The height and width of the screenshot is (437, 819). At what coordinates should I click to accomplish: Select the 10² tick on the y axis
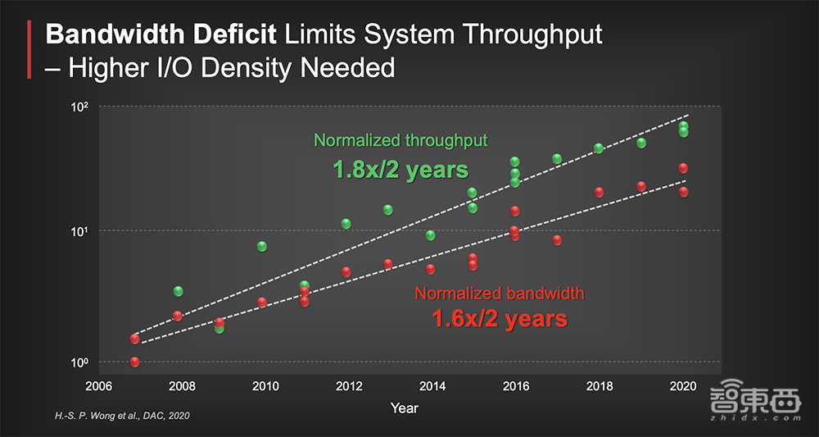coord(79,107)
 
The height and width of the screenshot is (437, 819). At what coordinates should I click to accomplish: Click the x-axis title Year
coord(405,407)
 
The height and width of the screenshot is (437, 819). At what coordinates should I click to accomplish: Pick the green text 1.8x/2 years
coord(400,170)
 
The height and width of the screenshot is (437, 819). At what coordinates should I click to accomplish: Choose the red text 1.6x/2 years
coord(500,317)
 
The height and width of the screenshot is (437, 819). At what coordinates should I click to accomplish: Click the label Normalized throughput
coord(400,140)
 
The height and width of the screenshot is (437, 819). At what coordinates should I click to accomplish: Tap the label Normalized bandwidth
coord(500,293)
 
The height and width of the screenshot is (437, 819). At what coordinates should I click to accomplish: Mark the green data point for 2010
coord(262,246)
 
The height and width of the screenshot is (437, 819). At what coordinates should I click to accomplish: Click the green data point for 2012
coord(346,224)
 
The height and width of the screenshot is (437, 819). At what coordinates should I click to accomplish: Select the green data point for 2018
coord(599,148)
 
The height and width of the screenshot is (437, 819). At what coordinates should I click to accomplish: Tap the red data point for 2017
coord(557,240)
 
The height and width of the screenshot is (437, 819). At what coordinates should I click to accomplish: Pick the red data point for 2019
coord(641,186)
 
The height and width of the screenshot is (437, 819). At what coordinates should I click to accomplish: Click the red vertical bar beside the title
coord(30,50)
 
